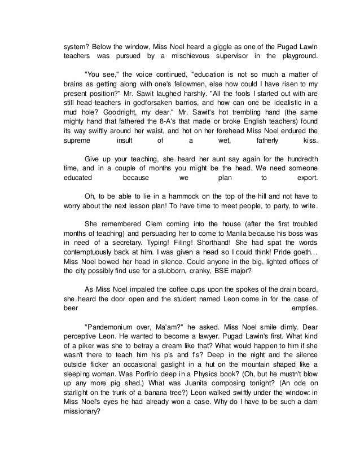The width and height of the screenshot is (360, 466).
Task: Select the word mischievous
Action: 174,56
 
